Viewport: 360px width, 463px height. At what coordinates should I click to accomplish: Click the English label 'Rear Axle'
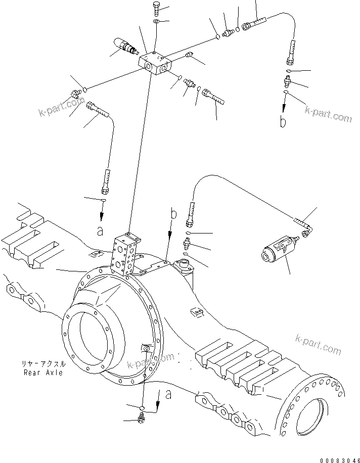coord(43,373)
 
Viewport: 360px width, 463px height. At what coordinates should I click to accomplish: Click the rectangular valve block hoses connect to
coord(156,64)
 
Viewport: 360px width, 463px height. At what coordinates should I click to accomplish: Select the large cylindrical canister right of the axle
coord(277,250)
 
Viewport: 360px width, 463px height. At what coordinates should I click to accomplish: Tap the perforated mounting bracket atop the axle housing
coord(124,253)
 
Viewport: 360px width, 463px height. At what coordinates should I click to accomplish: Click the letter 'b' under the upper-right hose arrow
coord(283,122)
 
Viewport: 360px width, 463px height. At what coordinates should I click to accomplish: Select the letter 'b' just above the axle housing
coord(173,214)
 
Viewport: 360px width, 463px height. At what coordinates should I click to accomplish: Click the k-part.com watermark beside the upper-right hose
coord(327,114)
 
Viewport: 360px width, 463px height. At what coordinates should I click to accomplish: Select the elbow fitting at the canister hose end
coord(307,231)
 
